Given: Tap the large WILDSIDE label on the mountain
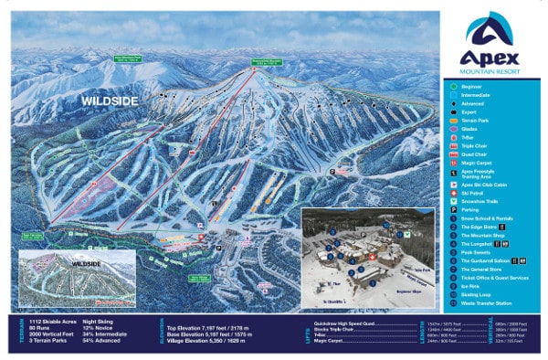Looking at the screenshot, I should coord(109,100).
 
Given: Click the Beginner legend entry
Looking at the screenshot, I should coord(473,87).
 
